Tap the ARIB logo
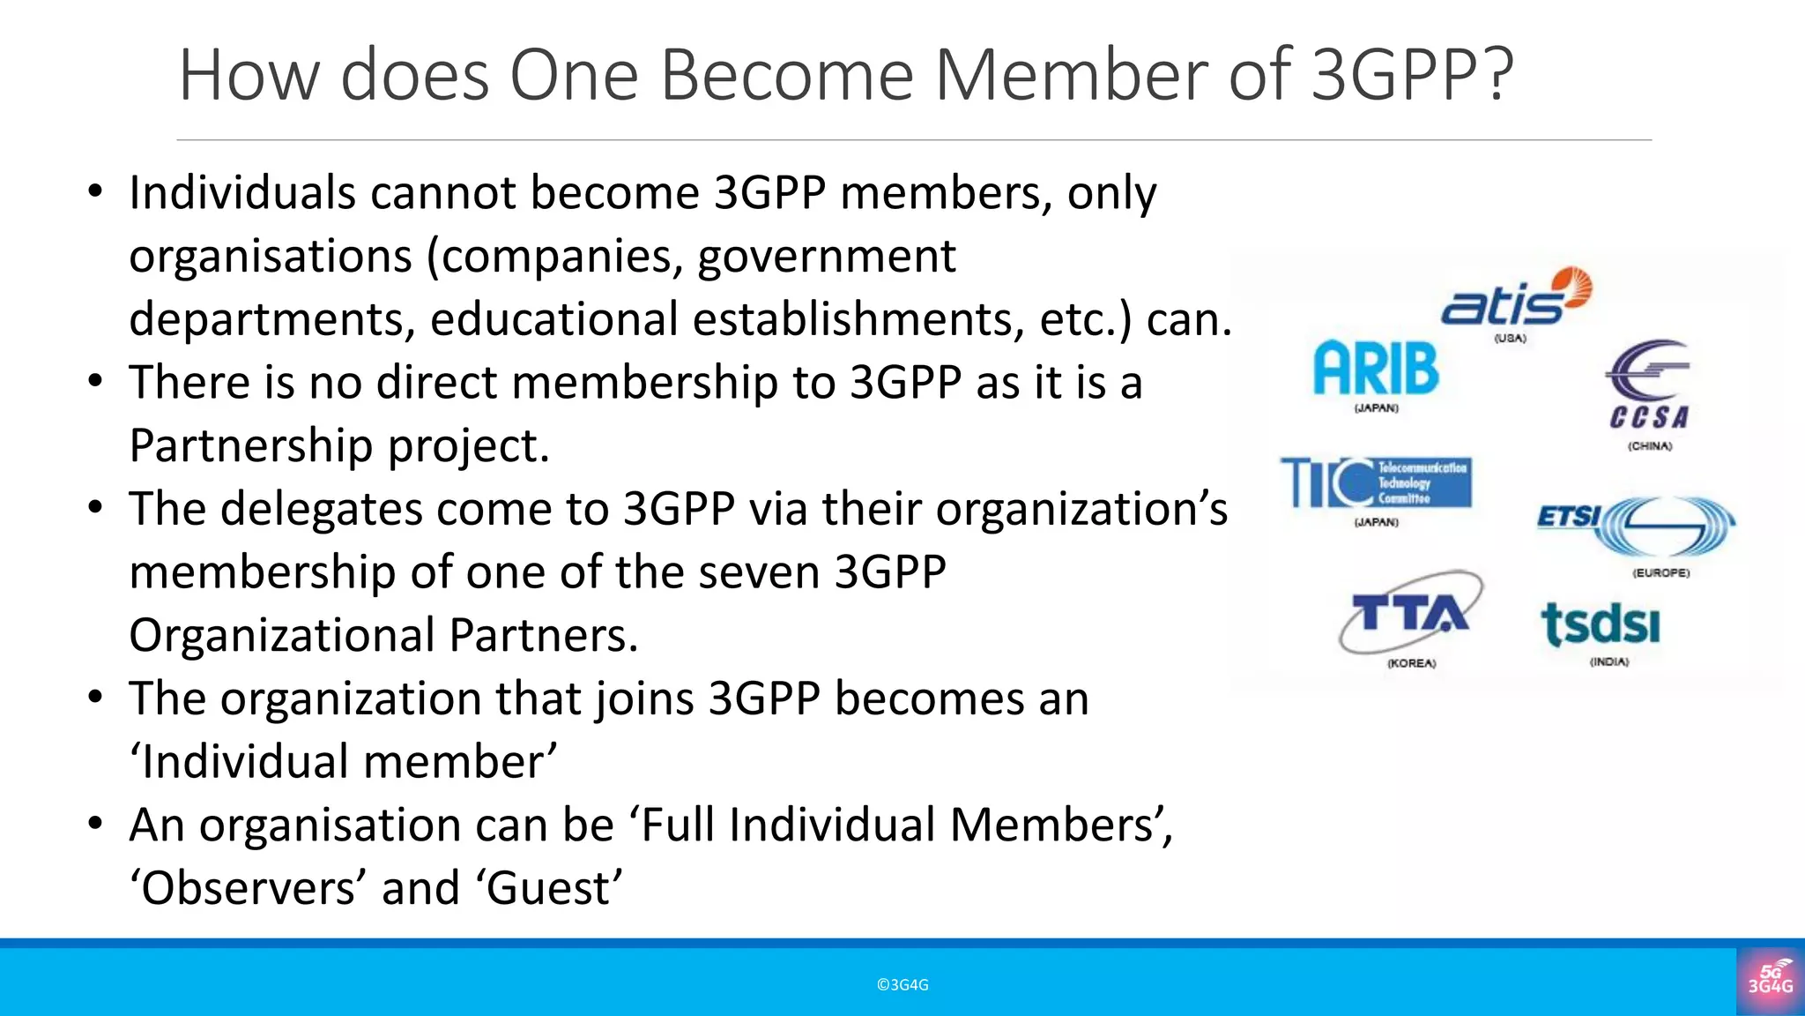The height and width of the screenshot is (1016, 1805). click(1376, 368)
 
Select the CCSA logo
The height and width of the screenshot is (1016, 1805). click(1649, 386)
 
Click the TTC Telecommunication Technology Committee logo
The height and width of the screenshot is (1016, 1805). click(1376, 482)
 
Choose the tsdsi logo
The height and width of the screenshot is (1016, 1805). click(1601, 624)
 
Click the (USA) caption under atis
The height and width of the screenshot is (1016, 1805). click(1510, 339)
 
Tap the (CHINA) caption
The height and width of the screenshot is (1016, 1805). click(1650, 446)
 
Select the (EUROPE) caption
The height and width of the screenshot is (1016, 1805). click(1661, 573)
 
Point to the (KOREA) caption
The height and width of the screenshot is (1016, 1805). click(1412, 663)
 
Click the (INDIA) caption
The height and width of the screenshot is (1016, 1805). click(1609, 662)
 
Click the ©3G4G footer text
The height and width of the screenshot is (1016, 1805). click(902, 985)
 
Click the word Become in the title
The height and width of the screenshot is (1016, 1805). click(787, 76)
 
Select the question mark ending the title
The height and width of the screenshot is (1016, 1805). click(1497, 76)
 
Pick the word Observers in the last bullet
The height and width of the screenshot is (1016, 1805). click(248, 888)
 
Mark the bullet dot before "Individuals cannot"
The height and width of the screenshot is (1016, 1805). click(96, 192)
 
